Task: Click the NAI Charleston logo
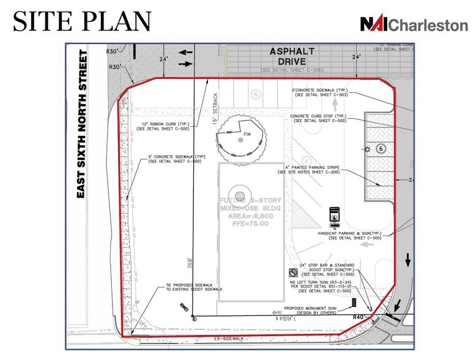tap(414, 24)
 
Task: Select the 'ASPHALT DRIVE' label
tap(292, 57)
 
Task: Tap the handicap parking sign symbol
tap(335, 214)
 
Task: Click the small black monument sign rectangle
tap(354, 302)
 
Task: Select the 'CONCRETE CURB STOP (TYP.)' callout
tap(318, 118)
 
